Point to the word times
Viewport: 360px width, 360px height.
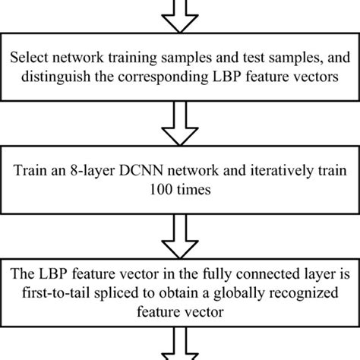pos(194,191)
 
